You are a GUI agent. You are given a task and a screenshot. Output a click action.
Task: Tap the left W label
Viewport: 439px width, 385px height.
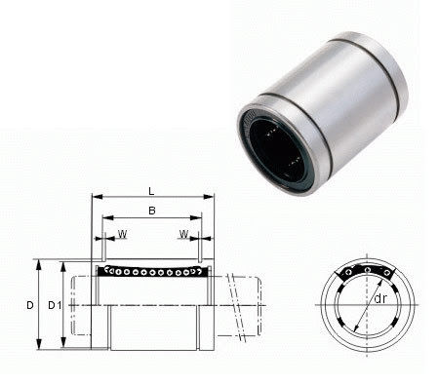tap(122, 234)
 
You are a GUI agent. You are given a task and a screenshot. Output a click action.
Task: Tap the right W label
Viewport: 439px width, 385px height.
tap(182, 234)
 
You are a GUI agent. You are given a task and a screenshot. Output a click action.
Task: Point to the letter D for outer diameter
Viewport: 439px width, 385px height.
tap(30, 305)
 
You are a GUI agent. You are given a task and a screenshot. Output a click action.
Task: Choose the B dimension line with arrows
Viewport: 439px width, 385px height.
tap(152, 218)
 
